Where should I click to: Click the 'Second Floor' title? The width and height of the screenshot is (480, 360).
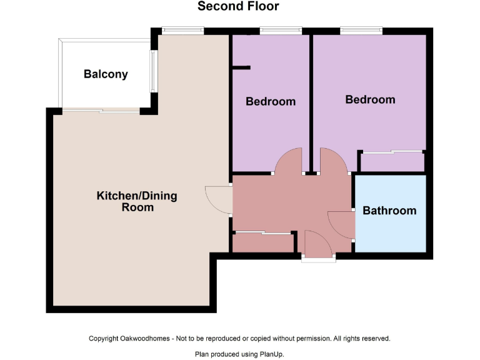(x=238, y=7)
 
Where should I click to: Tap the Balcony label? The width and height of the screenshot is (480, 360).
(x=106, y=74)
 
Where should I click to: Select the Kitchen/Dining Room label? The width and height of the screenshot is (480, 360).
(x=136, y=201)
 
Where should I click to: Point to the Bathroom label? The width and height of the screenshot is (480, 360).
(x=389, y=211)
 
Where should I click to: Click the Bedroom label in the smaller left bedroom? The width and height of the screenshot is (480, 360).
(x=270, y=101)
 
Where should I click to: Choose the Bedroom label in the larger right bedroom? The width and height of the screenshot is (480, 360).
(x=370, y=99)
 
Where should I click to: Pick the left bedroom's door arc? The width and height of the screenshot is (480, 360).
(x=289, y=161)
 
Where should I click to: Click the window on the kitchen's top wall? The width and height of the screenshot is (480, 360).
(x=182, y=30)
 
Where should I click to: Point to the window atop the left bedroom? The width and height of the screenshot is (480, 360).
(x=281, y=30)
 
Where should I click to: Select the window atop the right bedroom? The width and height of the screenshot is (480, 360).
(x=361, y=30)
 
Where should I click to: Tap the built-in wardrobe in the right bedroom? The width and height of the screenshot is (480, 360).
(x=392, y=162)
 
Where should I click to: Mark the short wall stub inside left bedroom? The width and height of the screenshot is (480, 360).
(x=241, y=67)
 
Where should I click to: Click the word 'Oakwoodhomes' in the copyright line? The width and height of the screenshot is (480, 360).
(x=146, y=338)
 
